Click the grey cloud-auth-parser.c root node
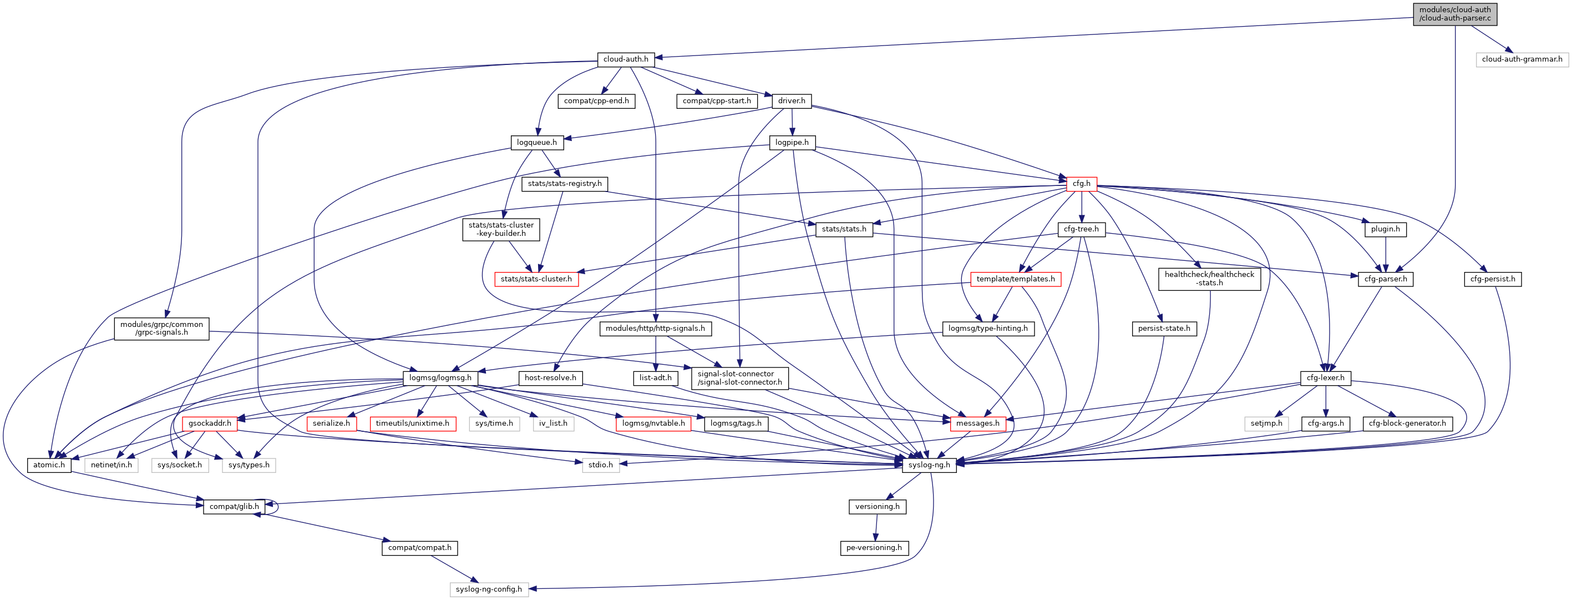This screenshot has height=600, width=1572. [1455, 14]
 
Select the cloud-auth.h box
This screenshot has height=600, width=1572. [626, 59]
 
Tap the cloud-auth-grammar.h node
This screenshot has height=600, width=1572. [1522, 59]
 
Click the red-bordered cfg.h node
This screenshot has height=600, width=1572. [1081, 184]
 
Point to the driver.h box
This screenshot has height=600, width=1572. [792, 100]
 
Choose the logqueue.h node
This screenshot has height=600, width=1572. [536, 143]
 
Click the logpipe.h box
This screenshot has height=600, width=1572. [792, 143]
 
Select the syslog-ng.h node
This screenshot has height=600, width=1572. [929, 465]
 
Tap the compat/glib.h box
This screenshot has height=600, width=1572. [234, 507]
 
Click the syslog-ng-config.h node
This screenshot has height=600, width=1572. [489, 589]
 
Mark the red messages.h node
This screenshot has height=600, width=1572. [977, 423]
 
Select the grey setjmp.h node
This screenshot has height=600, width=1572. [1266, 423]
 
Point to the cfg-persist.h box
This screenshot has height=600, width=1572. [1492, 280]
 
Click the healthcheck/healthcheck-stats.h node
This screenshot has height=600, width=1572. [1209, 279]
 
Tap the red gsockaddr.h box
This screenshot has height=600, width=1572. [210, 423]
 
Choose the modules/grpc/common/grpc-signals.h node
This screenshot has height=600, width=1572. [162, 329]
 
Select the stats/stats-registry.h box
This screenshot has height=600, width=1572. [565, 184]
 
